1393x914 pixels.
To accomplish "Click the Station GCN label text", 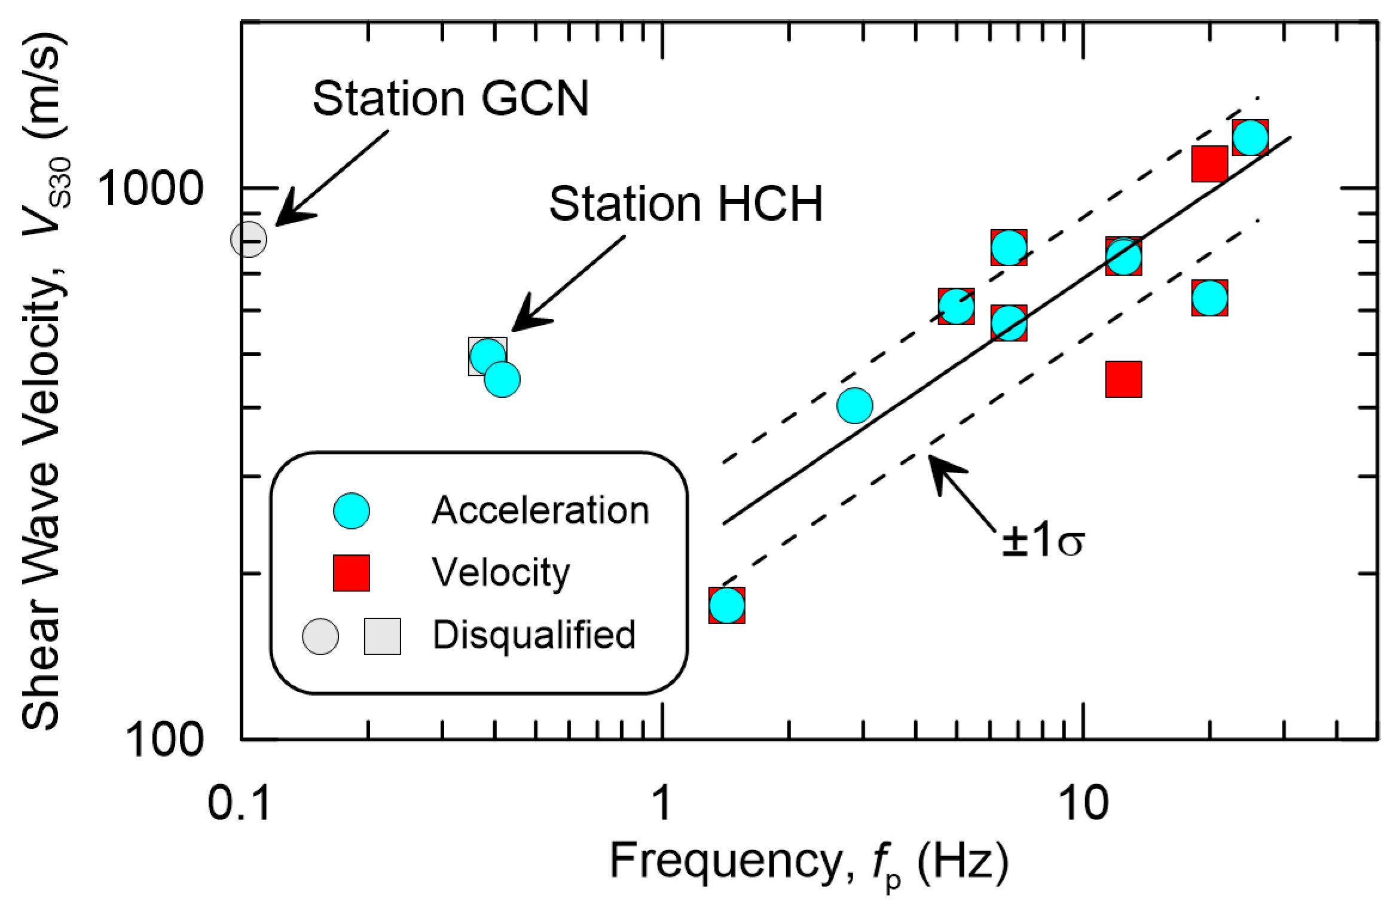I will (450, 99).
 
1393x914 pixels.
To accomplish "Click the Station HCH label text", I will (686, 204).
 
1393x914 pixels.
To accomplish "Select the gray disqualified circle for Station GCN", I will (248, 239).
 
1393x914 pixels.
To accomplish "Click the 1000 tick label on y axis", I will (150, 188).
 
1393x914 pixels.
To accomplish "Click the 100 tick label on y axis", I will (164, 739).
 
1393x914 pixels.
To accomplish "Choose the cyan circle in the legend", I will (352, 511).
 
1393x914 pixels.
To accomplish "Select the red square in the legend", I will (352, 573).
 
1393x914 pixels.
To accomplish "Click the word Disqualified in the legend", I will (534, 635).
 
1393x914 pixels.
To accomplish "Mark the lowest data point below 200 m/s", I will (727, 605).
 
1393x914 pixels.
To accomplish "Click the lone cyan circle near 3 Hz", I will (855, 406).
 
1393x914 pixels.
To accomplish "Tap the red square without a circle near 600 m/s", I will (1124, 379).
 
